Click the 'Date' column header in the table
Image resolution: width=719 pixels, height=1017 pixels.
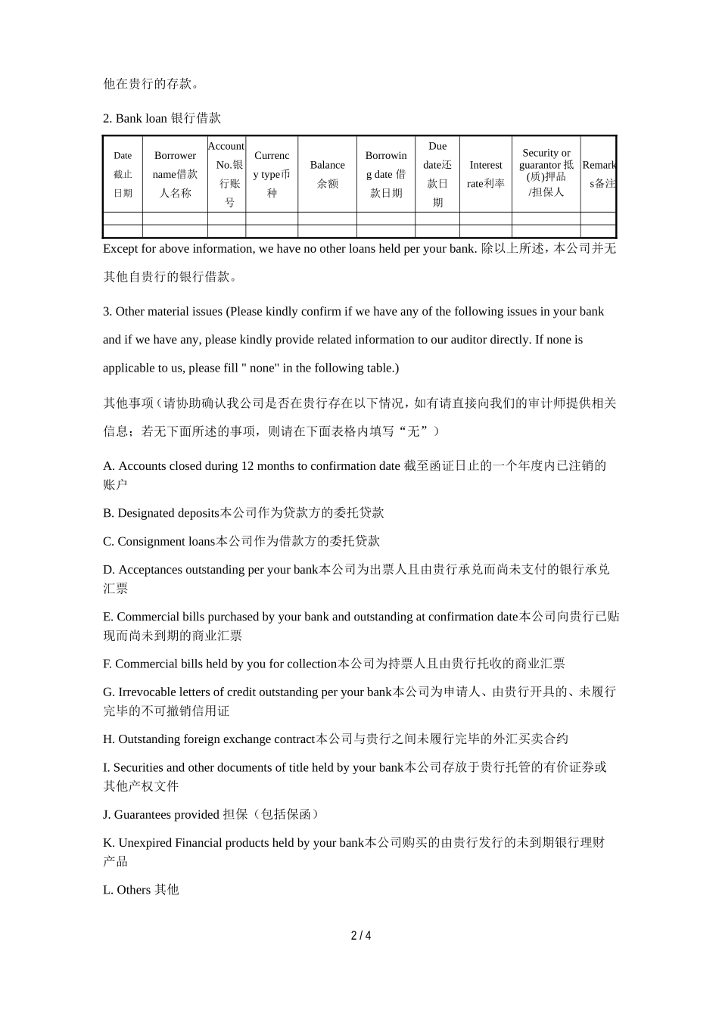123,174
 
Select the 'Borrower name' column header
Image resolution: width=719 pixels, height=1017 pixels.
175,174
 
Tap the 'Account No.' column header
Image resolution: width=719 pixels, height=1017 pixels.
226,174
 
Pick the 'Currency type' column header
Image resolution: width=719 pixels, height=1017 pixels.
272,174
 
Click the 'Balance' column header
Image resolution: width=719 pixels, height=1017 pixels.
327,174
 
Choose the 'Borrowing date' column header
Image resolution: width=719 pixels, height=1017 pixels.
386,174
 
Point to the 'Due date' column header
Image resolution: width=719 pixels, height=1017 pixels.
437,174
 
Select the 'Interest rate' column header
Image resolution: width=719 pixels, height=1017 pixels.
485,174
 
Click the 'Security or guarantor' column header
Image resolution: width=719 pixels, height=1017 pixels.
546,173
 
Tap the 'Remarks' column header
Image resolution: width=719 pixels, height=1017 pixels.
599,174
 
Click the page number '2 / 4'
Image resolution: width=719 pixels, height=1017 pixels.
360,935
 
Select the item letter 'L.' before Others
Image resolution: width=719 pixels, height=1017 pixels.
108,890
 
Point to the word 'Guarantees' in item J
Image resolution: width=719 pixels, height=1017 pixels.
143,814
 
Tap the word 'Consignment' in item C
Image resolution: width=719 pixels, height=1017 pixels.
150,541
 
